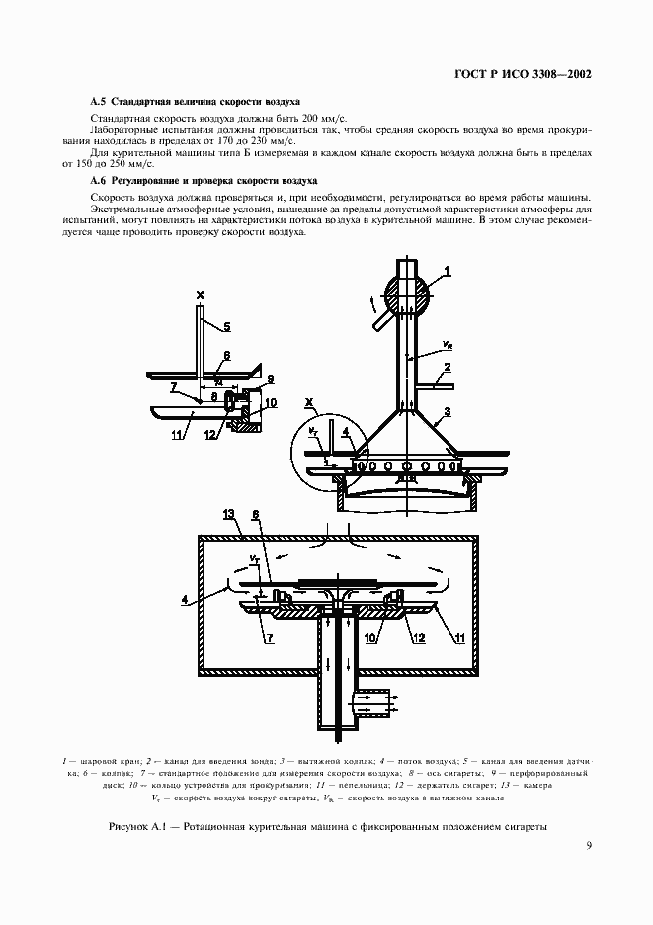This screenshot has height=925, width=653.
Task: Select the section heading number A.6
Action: [x=96, y=182]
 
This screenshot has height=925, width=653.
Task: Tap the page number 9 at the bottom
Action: [x=588, y=844]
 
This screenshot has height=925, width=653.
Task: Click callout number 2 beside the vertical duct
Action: [x=448, y=367]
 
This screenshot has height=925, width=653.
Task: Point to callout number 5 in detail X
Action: [x=226, y=325]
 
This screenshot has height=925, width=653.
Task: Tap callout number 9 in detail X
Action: [x=270, y=379]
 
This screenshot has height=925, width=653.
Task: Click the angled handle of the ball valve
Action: [x=379, y=318]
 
